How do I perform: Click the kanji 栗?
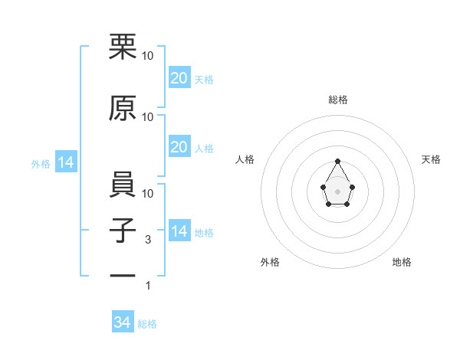click(123, 47)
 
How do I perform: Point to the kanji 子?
click(123, 231)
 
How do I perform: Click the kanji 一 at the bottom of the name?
click(123, 274)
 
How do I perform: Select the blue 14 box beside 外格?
click(65, 163)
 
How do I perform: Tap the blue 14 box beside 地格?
click(179, 231)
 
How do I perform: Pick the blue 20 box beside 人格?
click(179, 147)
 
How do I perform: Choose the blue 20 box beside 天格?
click(179, 78)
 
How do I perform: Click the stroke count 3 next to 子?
click(149, 241)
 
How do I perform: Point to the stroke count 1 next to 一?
click(149, 286)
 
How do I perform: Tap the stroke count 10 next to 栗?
click(148, 56)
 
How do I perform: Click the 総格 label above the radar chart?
click(337, 100)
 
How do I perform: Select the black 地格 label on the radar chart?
click(402, 263)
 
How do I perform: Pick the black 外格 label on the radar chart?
click(270, 263)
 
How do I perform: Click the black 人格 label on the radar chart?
click(245, 159)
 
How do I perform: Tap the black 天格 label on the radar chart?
click(431, 159)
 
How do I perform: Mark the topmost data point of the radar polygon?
click(337, 162)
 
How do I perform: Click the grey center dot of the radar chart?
click(337, 191)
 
